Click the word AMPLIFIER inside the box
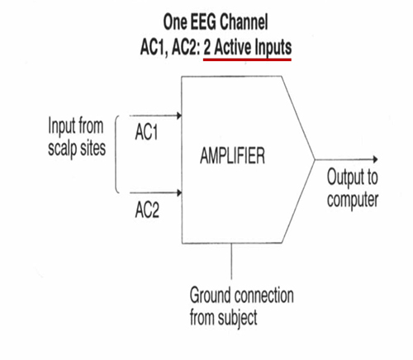232,155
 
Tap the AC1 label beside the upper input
146,132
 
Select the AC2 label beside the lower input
147,210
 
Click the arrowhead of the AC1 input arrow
179,116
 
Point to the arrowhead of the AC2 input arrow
179,192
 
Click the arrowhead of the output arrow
375,159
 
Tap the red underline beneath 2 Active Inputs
247,59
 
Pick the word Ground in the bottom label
210,295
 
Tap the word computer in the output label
353,200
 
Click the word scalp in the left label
62,149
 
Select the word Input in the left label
61,126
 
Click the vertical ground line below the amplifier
231,261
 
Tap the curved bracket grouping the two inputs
116,154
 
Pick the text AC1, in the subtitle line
154,47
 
